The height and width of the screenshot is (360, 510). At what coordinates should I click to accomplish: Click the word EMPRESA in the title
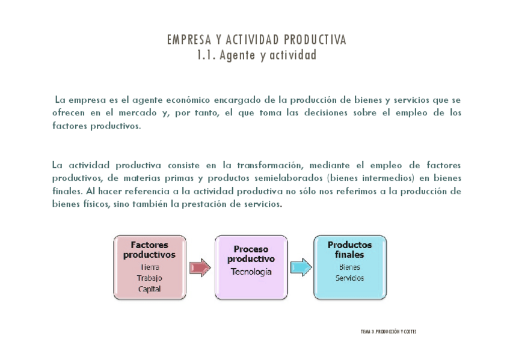186,40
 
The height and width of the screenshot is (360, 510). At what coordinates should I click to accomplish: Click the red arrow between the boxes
200,267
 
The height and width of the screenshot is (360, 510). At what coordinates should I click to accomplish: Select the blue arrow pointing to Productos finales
301,267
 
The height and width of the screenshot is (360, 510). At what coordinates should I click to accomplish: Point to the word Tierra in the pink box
150,267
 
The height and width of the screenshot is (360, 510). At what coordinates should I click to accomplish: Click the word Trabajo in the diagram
150,278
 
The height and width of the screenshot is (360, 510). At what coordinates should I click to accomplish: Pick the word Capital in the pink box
150,289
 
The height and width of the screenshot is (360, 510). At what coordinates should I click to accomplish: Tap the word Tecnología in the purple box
251,272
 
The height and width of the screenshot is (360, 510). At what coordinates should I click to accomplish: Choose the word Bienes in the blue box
349,267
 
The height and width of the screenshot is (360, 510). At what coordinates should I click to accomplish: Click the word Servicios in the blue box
349,278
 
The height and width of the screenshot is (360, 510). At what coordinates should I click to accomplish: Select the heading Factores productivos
150,249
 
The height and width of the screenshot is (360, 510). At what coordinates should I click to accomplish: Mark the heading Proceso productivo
251,254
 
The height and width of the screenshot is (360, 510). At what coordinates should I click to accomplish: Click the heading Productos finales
349,249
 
